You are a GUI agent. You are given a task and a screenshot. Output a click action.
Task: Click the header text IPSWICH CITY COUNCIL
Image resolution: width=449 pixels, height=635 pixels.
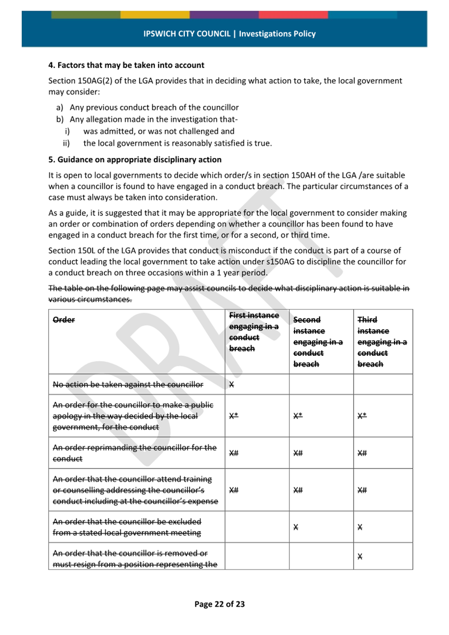(186, 34)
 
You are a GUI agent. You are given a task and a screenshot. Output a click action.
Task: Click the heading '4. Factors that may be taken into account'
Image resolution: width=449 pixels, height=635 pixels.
(126, 65)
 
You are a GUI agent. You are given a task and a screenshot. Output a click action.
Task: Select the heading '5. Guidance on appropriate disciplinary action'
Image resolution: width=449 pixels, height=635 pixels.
(135, 160)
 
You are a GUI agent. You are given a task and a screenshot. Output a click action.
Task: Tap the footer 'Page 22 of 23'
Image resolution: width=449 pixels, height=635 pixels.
(219, 604)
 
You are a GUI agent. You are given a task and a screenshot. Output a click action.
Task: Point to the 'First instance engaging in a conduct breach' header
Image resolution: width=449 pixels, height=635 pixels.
(254, 332)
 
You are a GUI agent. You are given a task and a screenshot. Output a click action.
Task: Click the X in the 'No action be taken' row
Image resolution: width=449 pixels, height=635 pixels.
(231, 384)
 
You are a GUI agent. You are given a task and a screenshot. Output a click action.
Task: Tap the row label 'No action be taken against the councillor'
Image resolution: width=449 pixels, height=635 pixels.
(128, 384)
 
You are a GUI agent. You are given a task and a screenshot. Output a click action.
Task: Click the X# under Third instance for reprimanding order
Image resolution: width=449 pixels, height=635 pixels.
(362, 453)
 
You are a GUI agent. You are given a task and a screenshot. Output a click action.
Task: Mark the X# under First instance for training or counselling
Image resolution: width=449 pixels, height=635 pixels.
(233, 490)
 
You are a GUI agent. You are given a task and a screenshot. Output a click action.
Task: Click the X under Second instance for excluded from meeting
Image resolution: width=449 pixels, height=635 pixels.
(296, 527)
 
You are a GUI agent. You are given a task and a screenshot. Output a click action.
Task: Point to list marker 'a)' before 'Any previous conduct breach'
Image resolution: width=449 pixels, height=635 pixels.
(60, 107)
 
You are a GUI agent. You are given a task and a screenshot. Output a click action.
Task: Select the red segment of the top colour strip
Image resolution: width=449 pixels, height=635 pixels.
(293, 14)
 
